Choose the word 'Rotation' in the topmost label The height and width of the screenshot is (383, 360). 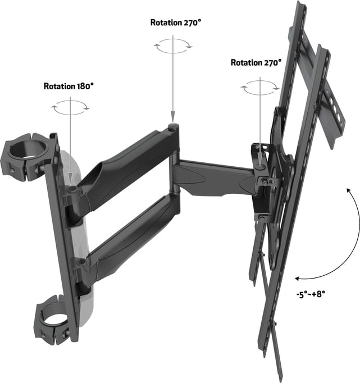166,23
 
